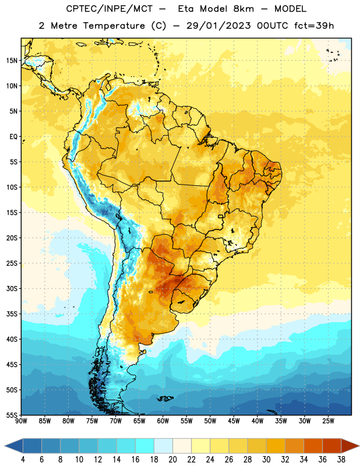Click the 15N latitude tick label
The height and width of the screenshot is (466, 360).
pos(12,61)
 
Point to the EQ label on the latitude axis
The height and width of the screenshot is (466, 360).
pos(13,137)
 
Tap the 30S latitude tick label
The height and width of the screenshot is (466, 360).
pos(12,288)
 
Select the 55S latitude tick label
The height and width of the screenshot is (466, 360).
pos(12,415)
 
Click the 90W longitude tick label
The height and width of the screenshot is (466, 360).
pos(21,421)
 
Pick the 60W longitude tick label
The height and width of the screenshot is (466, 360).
pos(163,421)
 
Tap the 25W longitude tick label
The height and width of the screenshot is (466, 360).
pos(329,421)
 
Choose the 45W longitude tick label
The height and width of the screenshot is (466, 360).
pos(234,421)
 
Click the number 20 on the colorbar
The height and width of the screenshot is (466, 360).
pos(172,460)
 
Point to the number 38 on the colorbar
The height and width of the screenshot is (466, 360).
pos(341,460)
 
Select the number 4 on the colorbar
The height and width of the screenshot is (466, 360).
pos(23,460)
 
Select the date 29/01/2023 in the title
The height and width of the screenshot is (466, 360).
pos(218,26)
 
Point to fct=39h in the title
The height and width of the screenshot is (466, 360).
pos(314,26)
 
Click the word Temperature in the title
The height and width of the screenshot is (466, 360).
pos(114,26)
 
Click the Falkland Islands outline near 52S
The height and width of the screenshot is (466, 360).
pos(165,398)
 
